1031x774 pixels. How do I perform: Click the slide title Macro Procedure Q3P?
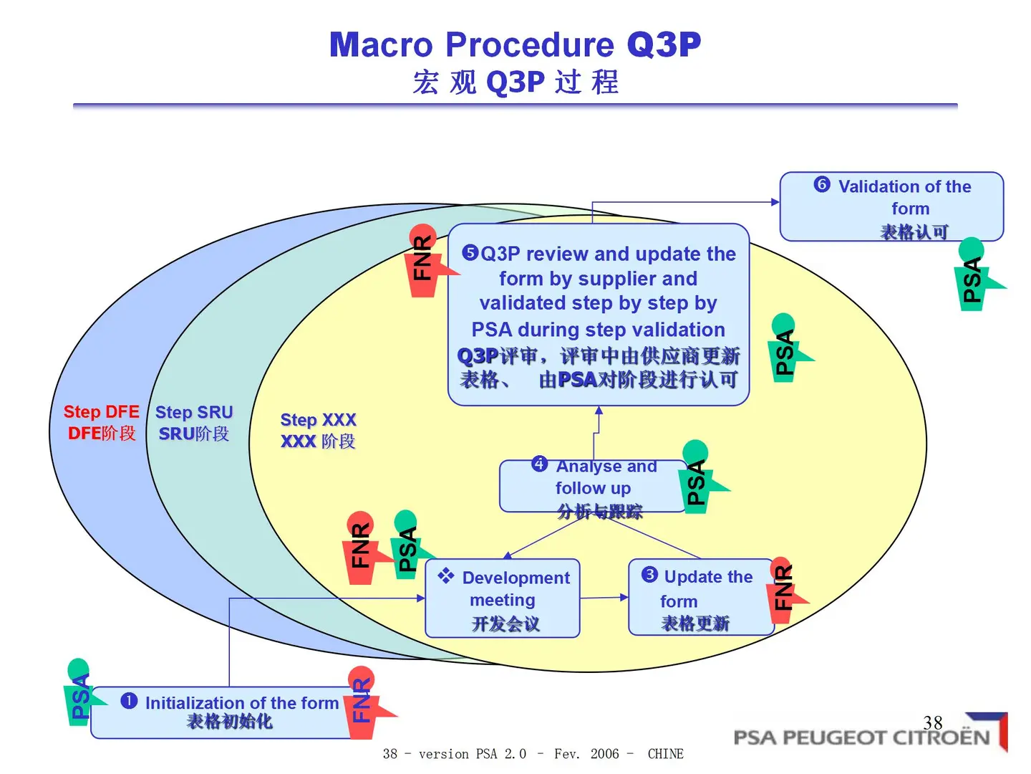tap(515, 44)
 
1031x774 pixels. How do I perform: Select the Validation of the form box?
tap(891, 206)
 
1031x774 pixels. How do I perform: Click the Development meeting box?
tap(503, 599)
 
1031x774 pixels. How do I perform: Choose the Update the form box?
tap(700, 598)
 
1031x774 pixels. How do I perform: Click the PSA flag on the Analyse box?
tap(697, 477)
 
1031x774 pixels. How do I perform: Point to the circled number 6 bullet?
tap(822, 185)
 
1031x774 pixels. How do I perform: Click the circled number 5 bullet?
tap(470, 252)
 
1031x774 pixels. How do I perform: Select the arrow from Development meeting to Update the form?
tap(604, 597)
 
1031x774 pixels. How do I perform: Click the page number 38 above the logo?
tap(933, 722)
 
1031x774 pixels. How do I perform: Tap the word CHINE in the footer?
tap(665, 754)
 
